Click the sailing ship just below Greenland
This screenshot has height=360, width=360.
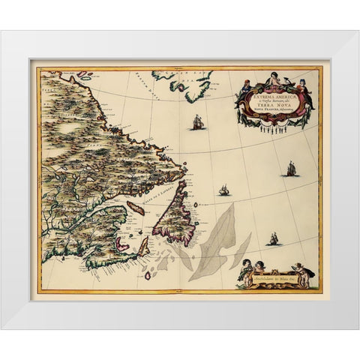198,121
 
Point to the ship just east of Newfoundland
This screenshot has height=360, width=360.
223,190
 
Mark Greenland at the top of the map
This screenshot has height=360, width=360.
184,82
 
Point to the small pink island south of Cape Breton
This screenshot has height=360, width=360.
148,274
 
